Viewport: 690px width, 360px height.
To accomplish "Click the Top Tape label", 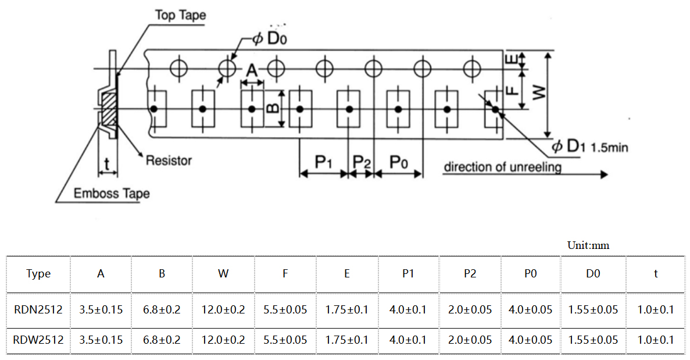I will pyautogui.click(x=180, y=15).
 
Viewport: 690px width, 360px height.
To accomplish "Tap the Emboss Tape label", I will pyautogui.click(x=111, y=194).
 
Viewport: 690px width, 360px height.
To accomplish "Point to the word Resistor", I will pyautogui.click(x=169, y=160).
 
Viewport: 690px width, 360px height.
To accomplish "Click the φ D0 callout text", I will pyautogui.click(x=270, y=39).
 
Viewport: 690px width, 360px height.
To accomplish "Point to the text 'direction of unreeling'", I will pyautogui.click(x=503, y=167).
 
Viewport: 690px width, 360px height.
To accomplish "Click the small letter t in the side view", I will pyautogui.click(x=106, y=163).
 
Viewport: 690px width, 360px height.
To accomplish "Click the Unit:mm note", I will pyautogui.click(x=588, y=245).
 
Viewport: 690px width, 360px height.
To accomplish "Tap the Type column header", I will pyautogui.click(x=38, y=274).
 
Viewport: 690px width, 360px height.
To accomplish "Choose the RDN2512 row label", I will pyautogui.click(x=38, y=309).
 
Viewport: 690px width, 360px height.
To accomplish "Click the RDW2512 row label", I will pyautogui.click(x=38, y=340).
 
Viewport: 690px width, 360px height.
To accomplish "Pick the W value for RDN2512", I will pyautogui.click(x=223, y=309).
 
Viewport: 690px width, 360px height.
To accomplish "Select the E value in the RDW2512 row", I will pyautogui.click(x=346, y=340).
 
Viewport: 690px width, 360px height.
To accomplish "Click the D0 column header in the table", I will pyautogui.click(x=593, y=274).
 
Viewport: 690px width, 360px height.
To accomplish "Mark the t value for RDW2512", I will pyautogui.click(x=656, y=340).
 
